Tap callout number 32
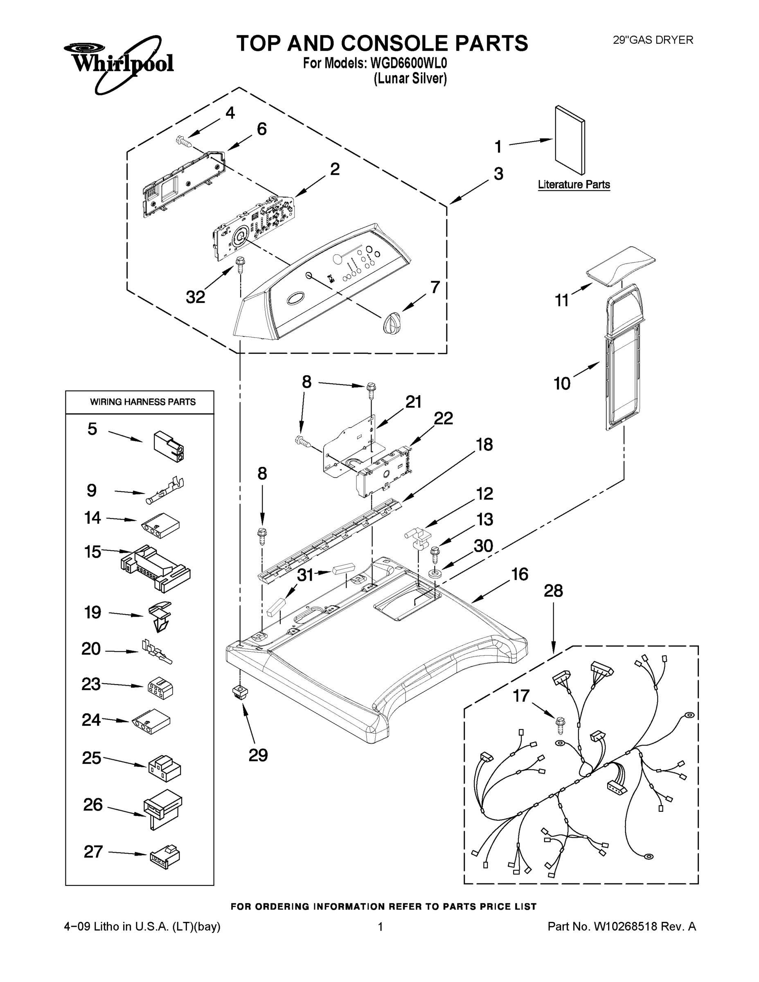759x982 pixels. pos(196,297)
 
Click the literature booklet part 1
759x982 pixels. pos(570,140)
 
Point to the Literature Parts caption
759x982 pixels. pos(574,185)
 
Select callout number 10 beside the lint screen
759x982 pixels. pos(562,383)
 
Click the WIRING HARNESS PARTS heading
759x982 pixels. pos(142,402)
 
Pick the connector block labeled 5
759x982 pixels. pos(169,447)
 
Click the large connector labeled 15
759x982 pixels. pos(155,569)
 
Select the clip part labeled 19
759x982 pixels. pos(160,616)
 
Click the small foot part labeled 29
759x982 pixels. pos(241,692)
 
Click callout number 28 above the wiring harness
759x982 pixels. pos(553,591)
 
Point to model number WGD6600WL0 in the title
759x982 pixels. pos(409,63)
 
